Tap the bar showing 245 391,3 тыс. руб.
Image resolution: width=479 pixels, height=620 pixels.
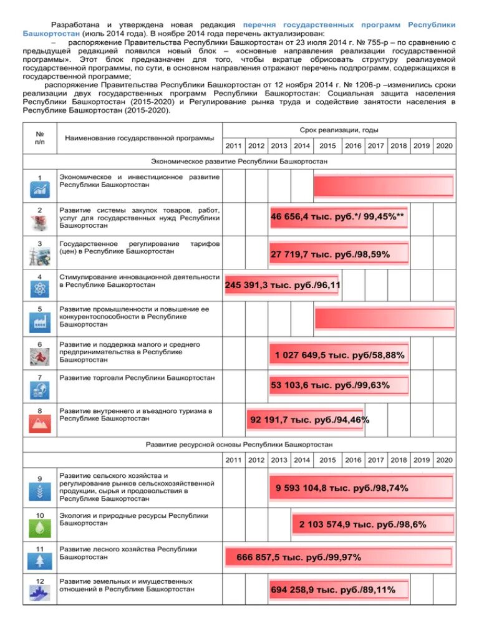281,284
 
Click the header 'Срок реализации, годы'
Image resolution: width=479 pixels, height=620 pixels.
339,130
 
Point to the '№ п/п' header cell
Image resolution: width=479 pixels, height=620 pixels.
39,137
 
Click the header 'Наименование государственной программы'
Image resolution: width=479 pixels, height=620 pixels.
140,137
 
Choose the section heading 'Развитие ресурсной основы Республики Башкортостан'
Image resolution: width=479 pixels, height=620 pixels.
239,444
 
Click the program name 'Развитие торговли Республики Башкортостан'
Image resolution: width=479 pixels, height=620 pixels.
137,378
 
